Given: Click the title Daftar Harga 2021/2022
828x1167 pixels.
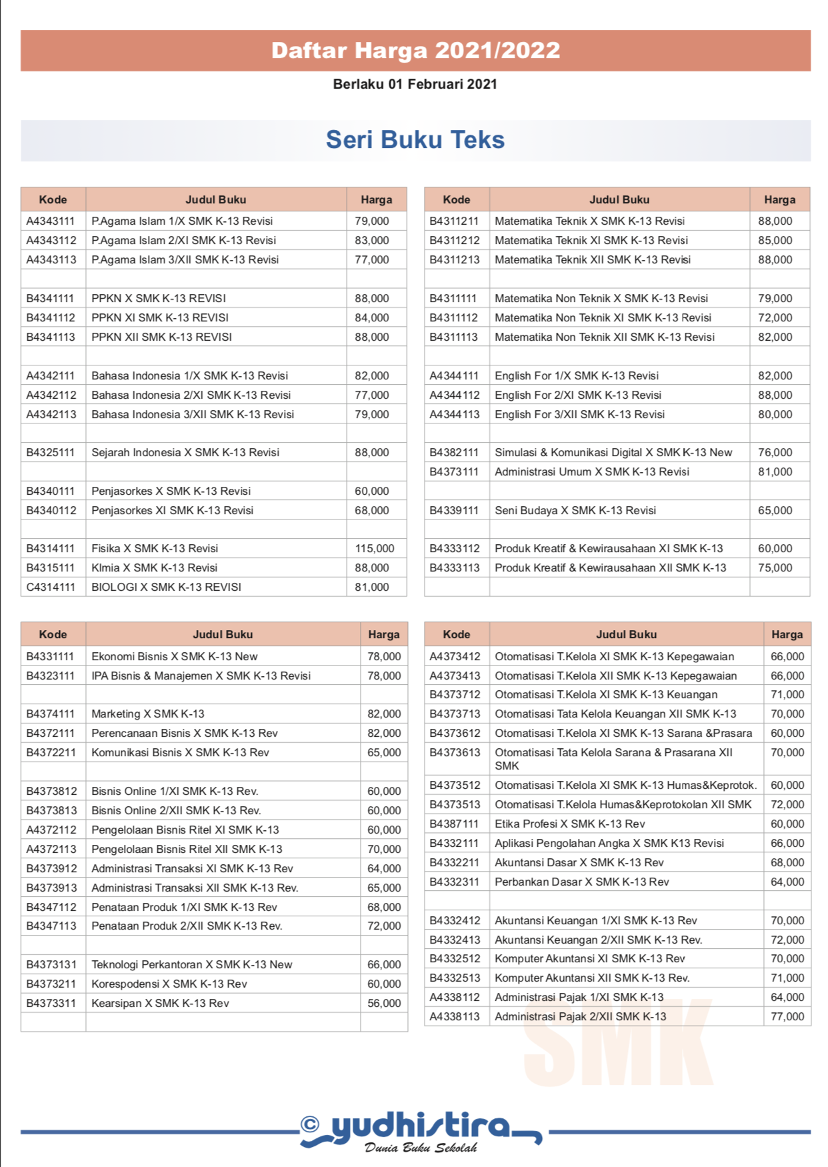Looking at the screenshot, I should (x=415, y=51).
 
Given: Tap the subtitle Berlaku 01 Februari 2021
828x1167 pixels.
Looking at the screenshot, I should (x=415, y=84).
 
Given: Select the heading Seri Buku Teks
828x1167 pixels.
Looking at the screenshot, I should (x=415, y=140).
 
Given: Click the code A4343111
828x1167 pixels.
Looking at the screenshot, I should (x=51, y=221).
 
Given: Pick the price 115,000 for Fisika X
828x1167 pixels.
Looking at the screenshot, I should (x=375, y=548).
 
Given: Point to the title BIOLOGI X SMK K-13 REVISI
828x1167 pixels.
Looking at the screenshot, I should (x=166, y=587).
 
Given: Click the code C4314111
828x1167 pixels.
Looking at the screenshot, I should (x=51, y=587).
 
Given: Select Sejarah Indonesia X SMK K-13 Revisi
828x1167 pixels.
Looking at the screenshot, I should (x=185, y=452).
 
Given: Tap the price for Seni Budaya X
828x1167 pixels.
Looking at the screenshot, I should (x=775, y=510).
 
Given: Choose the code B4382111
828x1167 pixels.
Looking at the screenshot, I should (x=454, y=452).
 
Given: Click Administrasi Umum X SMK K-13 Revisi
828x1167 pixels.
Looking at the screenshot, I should (x=592, y=471).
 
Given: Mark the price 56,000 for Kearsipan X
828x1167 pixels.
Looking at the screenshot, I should (x=384, y=1003).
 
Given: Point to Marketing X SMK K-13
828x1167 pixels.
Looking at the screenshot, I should (x=148, y=714).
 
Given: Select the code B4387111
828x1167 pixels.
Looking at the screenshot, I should (x=454, y=824).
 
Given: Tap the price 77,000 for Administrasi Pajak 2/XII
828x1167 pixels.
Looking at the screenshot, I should (x=787, y=1016).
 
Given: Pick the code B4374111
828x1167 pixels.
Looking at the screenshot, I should (x=51, y=714).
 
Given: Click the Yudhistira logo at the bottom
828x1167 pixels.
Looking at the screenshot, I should (x=420, y=1127).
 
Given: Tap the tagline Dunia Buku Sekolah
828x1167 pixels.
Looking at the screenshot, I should (x=421, y=1148).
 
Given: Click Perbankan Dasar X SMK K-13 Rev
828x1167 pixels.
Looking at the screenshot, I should (x=582, y=882).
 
